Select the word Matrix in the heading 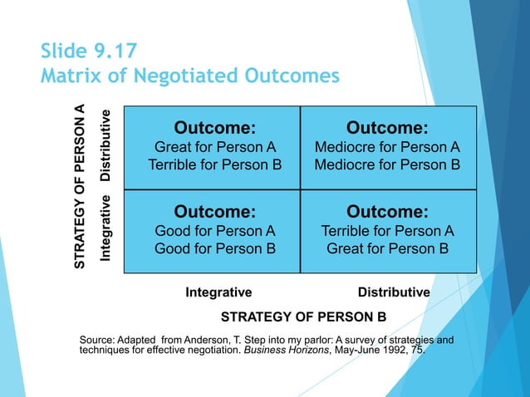tap(69, 76)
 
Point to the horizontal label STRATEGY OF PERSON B tap(303, 316)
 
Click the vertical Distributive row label tap(106, 146)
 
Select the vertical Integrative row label tap(106, 227)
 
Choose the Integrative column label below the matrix tap(218, 292)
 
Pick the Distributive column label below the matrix tap(393, 292)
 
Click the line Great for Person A tap(214, 147)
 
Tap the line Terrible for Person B tap(214, 164)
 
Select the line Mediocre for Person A tap(387, 147)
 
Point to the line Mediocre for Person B tap(387, 164)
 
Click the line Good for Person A tap(214, 230)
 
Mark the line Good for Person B tap(214, 248)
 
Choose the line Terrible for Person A tap(387, 230)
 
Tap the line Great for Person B tap(387, 248)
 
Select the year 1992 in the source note tap(391, 351)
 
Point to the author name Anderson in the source tap(216, 341)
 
